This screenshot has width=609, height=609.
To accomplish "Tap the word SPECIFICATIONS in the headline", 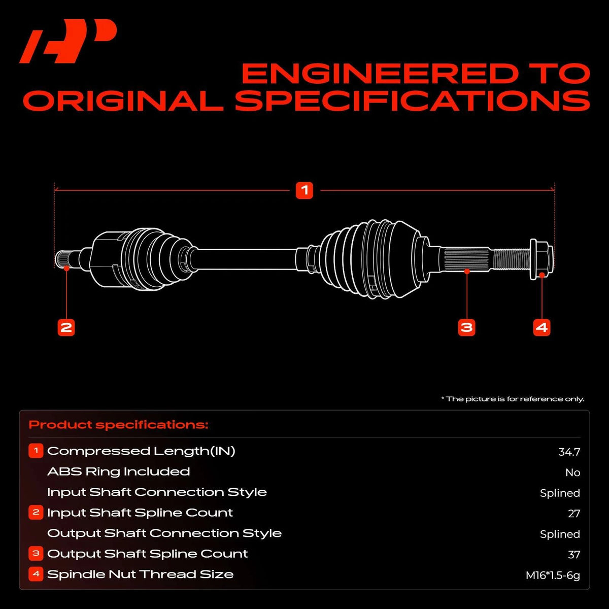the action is [x=413, y=100].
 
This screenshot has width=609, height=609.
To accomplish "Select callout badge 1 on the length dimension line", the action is [x=304, y=190].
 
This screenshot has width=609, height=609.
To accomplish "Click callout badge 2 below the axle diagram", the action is [x=66, y=327].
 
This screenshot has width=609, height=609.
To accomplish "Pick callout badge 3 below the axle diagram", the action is [x=466, y=327].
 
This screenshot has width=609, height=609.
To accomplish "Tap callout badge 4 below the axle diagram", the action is [x=542, y=327].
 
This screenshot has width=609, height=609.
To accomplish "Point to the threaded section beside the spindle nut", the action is [x=512, y=259].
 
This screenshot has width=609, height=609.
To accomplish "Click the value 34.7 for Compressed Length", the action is [x=569, y=452].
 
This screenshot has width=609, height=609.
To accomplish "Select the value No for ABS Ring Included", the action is [x=572, y=472].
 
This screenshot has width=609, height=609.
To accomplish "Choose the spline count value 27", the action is [x=574, y=514].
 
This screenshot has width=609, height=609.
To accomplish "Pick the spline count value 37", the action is [x=574, y=555].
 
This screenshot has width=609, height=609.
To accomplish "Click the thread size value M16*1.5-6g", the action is [x=553, y=575].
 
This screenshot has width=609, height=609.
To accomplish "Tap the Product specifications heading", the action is [x=119, y=425].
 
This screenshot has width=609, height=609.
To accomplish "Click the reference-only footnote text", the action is [x=513, y=399].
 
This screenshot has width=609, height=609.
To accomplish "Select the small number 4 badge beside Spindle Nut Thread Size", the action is [x=36, y=574].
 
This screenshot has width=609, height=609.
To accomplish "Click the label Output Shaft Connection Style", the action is [x=164, y=533].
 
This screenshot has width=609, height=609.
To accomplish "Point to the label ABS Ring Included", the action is [x=119, y=471].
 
